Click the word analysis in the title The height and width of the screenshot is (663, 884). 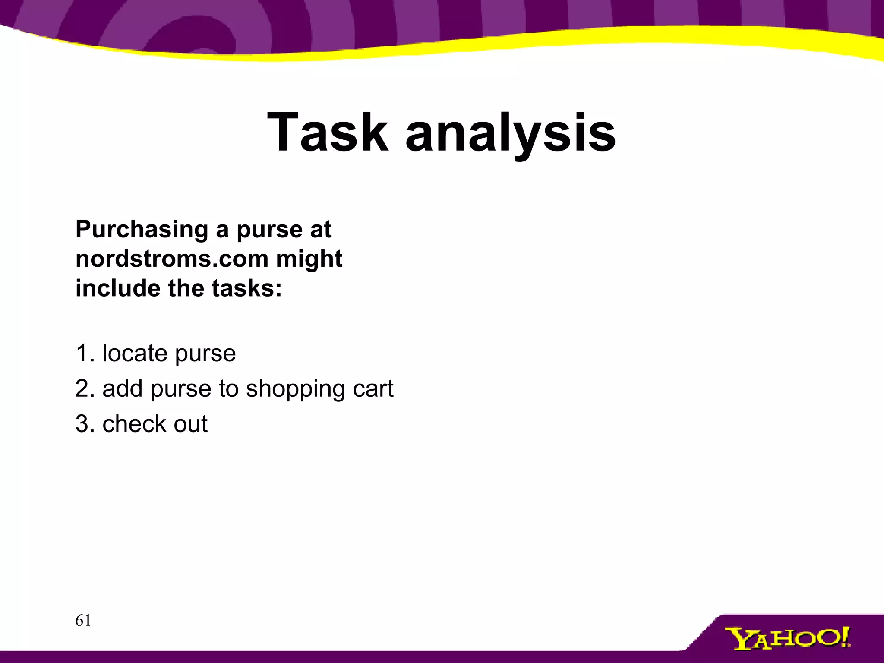(510, 132)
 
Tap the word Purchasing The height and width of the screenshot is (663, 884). (142, 229)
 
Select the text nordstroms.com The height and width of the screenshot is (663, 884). (172, 259)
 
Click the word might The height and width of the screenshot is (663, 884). (309, 259)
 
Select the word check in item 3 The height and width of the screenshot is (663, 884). (134, 423)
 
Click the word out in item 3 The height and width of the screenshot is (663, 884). (190, 423)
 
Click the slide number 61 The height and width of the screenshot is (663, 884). (83, 621)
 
